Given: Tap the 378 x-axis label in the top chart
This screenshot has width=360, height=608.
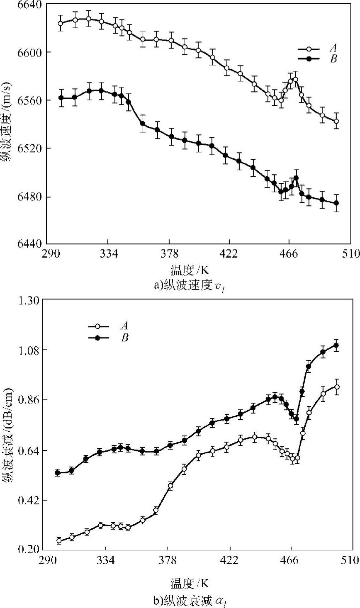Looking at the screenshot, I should click(x=169, y=254).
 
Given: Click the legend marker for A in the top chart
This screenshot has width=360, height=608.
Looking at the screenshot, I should click(x=309, y=49).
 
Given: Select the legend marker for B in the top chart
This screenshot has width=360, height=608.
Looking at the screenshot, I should click(x=309, y=59).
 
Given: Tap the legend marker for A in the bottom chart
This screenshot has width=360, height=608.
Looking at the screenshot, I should click(x=98, y=327).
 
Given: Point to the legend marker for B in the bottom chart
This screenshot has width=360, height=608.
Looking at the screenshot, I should click(x=98, y=338).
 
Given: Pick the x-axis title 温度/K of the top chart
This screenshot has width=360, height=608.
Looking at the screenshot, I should click(x=189, y=270).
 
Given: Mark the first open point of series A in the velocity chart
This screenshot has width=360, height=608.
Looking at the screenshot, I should click(x=61, y=23).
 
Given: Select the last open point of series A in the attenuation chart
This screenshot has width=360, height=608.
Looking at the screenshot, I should click(x=337, y=387).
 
